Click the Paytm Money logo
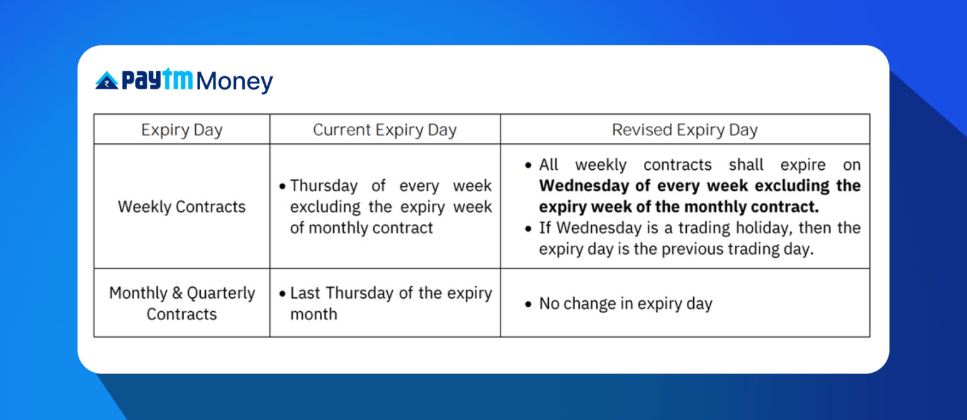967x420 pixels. tap(184, 81)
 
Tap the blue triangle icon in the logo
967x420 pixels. tap(106, 81)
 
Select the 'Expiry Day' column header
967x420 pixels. tap(181, 130)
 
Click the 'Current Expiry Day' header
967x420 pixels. tap(385, 130)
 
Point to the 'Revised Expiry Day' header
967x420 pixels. tap(684, 130)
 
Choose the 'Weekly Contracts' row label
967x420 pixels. tap(181, 207)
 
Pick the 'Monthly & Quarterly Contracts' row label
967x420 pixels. tap(181, 303)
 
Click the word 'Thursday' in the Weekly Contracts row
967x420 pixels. tap(324, 186)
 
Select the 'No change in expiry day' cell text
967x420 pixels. tap(625, 304)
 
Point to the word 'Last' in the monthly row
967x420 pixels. tap(305, 293)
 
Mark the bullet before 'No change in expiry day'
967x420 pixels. tap(528, 305)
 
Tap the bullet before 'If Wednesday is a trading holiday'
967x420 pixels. tap(528, 228)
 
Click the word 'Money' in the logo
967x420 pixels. tap(235, 82)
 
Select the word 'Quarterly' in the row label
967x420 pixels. tap(221, 293)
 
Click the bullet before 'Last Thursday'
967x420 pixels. tap(283, 294)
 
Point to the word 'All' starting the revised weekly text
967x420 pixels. tap(548, 165)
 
